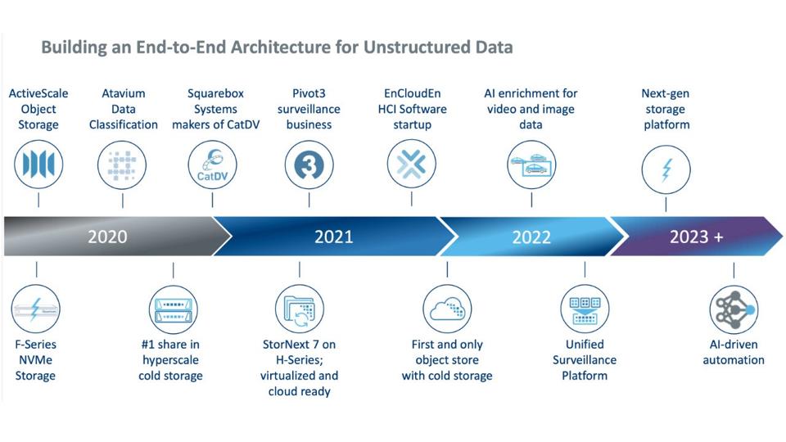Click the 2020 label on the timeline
107,237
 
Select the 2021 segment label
334,237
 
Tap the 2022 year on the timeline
531,237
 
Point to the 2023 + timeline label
696,237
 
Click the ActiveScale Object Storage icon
38,165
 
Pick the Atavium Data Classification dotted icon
123,165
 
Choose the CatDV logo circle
212,165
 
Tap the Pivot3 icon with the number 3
309,165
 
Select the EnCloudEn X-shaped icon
411,165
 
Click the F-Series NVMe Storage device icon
37,309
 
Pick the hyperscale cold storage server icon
174,309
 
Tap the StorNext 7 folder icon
300,309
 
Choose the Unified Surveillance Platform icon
585,309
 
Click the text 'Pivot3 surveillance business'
309,109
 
